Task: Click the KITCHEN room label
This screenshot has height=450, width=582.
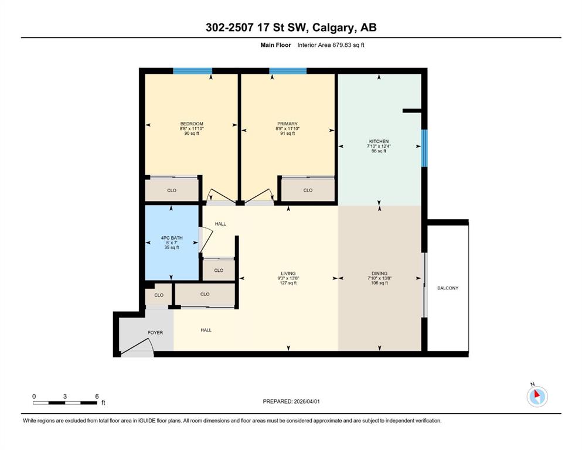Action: [x=379, y=141]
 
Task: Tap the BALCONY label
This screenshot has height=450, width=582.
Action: [x=448, y=288]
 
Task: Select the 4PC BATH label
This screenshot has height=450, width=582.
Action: [x=172, y=238]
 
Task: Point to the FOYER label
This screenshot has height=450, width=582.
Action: [x=155, y=333]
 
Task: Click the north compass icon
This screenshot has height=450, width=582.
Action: [x=537, y=396]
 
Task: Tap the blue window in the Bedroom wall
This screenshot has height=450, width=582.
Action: [x=193, y=71]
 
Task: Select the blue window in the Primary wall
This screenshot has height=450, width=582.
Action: [x=288, y=71]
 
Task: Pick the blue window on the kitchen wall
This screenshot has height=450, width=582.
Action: [x=424, y=148]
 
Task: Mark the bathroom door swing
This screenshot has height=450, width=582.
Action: [x=206, y=239]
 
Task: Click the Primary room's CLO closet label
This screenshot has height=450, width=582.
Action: [x=308, y=190]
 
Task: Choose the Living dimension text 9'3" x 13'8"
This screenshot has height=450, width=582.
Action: [x=288, y=278]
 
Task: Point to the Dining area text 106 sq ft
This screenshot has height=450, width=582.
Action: [x=379, y=283]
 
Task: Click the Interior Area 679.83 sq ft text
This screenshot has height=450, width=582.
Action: [x=331, y=45]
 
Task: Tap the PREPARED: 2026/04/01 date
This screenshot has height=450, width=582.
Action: [x=291, y=401]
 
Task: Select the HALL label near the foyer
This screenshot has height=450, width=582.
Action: [x=206, y=330]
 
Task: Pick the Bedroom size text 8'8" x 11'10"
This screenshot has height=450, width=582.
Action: [x=192, y=129]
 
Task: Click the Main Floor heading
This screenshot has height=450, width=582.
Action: [x=275, y=45]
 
